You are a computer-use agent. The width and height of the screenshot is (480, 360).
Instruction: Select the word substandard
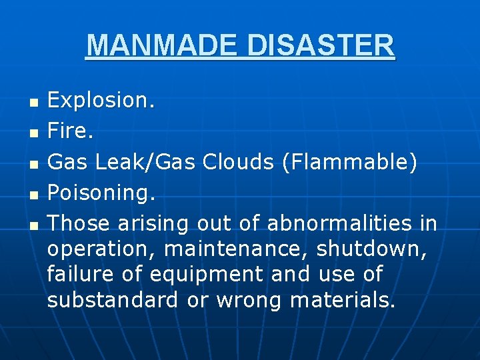click(113, 300)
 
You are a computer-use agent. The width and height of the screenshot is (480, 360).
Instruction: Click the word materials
click(343, 300)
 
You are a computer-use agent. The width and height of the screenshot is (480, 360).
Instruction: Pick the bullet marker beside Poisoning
click(35, 194)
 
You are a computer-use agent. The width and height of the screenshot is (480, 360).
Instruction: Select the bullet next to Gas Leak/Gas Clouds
click(35, 163)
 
